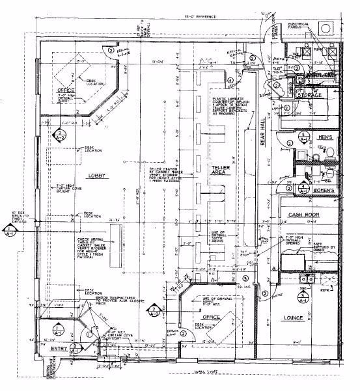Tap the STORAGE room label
point(311,95)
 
